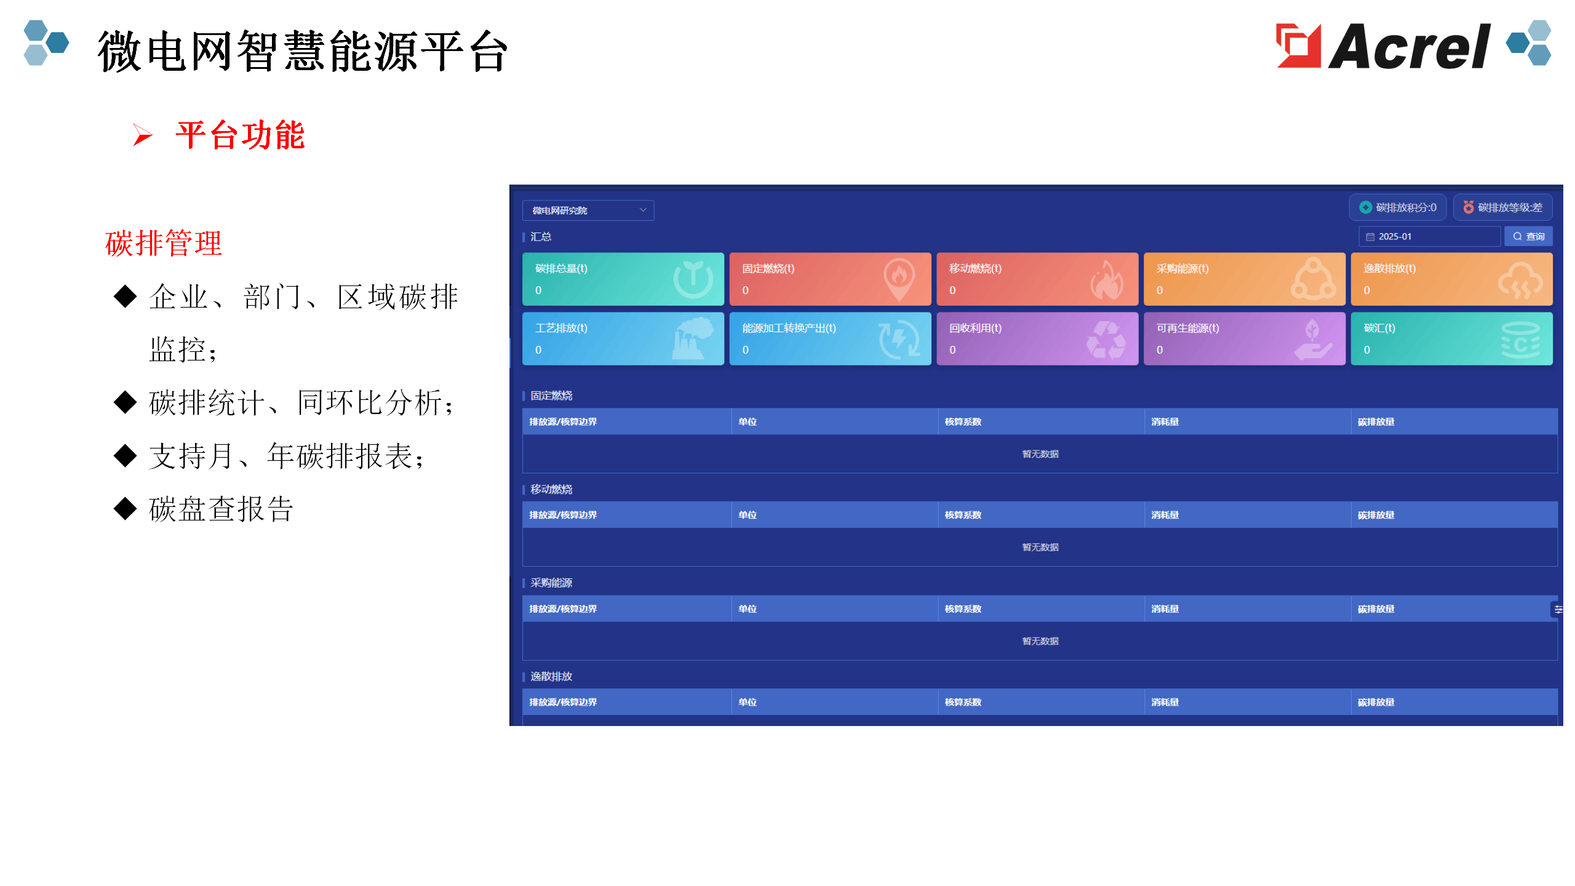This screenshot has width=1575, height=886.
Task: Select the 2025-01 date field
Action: click(1429, 236)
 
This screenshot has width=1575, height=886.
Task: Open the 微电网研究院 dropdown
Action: click(588, 210)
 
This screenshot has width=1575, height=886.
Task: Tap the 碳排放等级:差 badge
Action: click(1502, 207)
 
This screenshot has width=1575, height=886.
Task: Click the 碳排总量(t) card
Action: click(623, 279)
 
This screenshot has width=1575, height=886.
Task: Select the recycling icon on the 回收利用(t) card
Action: click(1106, 339)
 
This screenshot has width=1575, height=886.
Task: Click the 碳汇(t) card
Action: click(1451, 338)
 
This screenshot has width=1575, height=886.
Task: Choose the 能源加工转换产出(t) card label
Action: click(789, 328)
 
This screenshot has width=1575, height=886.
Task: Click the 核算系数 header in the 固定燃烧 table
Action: click(963, 421)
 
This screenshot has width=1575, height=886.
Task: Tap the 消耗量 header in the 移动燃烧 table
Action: click(1165, 515)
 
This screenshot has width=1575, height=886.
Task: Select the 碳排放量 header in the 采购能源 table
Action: click(1376, 609)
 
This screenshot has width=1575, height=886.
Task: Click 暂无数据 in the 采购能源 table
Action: click(1040, 641)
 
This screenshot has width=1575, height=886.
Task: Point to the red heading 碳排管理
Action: click(163, 243)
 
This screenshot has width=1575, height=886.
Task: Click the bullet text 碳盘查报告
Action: click(221, 509)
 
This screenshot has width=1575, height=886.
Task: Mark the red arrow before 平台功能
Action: click(142, 135)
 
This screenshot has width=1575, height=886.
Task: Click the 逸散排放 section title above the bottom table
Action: click(551, 676)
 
